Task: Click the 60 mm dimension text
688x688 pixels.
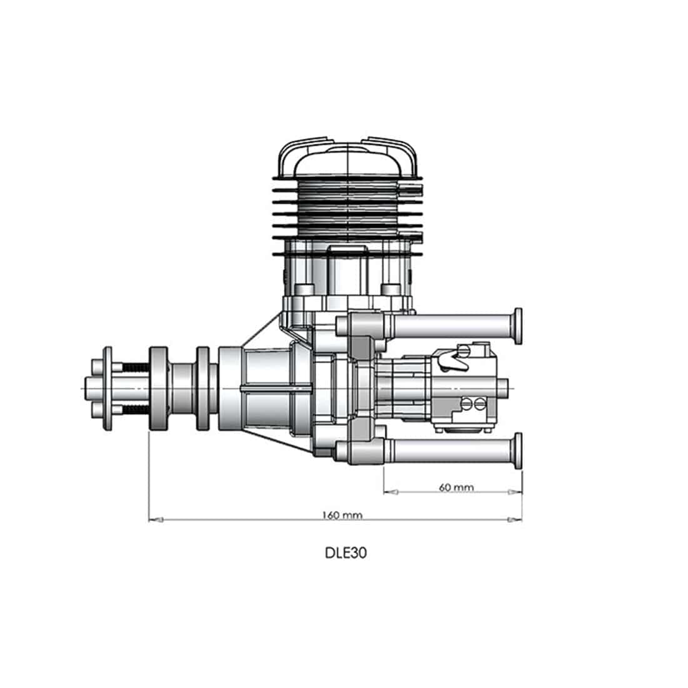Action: coord(456,487)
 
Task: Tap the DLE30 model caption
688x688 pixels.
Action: coord(345,553)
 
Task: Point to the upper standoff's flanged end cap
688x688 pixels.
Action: coord(518,325)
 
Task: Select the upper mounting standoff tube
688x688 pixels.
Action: coord(450,325)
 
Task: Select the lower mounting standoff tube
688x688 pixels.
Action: coord(450,452)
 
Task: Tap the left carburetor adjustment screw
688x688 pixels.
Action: coord(466,404)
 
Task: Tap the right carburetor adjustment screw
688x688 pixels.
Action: coord(479,404)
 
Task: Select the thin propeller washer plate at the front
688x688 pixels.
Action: coord(108,388)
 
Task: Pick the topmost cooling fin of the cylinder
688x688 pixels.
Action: coord(347,179)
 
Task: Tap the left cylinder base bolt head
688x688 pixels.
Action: coord(305,290)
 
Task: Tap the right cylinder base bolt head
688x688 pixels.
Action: coord(390,290)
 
